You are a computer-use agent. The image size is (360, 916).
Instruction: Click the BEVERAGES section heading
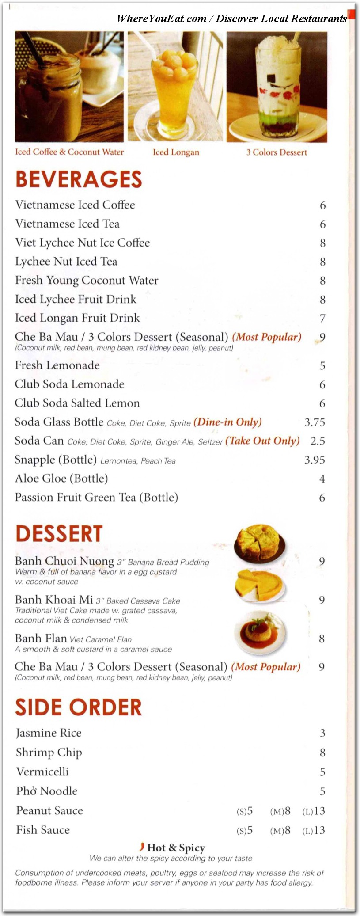(x=79, y=179)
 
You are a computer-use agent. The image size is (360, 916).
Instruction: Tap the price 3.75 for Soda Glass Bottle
(x=315, y=422)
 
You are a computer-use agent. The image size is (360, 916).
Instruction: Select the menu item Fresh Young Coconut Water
(x=87, y=281)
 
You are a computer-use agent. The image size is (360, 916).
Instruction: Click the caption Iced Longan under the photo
(x=176, y=152)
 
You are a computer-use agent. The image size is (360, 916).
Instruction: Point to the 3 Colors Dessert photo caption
(x=277, y=152)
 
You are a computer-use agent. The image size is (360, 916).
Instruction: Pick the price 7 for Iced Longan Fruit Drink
(x=322, y=319)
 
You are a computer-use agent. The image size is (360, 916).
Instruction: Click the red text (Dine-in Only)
(x=227, y=422)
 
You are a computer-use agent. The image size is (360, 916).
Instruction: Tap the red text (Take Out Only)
(x=262, y=441)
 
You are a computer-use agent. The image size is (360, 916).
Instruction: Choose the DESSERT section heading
(x=59, y=533)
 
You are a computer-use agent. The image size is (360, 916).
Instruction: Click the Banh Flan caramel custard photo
(x=260, y=632)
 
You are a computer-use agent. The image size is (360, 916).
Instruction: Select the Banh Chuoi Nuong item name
(x=64, y=561)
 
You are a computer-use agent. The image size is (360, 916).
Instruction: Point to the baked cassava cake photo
(x=260, y=585)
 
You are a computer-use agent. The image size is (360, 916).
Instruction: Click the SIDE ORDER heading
(x=79, y=707)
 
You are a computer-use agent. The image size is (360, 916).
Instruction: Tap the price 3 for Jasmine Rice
(x=322, y=734)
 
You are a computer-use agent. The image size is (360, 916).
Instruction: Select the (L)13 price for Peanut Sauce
(x=314, y=811)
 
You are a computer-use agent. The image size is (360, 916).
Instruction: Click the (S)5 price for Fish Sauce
(x=245, y=831)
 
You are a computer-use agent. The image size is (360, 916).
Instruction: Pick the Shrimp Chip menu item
(x=49, y=753)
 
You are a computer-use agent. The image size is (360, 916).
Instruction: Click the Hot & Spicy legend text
(x=176, y=848)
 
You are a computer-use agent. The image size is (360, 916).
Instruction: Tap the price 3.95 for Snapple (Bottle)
(x=315, y=460)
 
